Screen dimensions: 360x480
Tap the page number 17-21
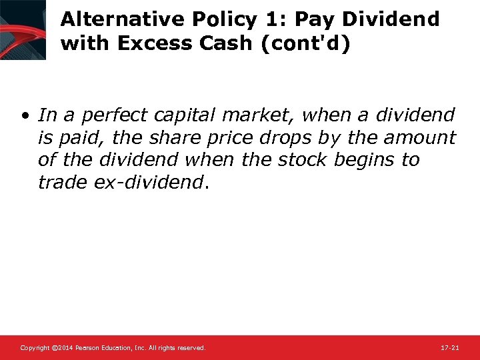450,348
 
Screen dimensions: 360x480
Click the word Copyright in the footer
35,348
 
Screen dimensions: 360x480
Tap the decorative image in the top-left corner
23,30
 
